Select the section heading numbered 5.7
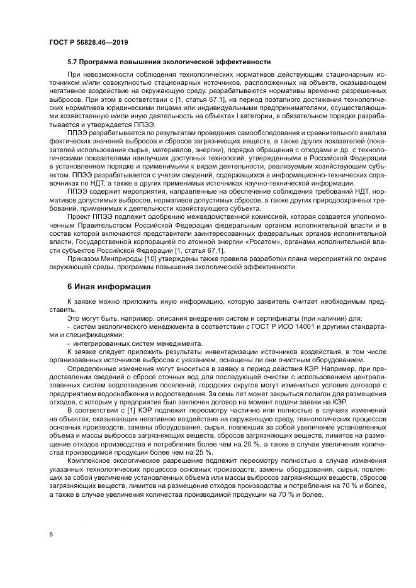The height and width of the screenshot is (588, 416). click(x=169, y=62)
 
